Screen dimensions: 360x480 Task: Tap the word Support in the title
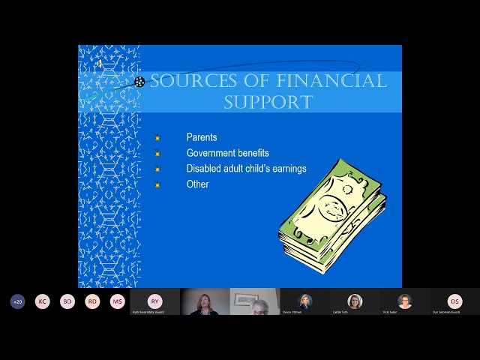coord(268,102)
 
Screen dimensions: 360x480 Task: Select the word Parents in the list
coord(202,137)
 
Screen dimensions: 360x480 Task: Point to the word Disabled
coord(205,169)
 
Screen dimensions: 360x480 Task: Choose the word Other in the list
coord(198,184)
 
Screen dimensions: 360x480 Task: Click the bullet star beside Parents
coord(157,138)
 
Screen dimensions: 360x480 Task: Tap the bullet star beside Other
coord(157,184)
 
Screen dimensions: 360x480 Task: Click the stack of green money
coord(333,217)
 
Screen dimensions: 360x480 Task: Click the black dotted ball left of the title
coord(139,82)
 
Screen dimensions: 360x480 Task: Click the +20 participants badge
coord(17,301)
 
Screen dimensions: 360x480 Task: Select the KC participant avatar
coord(43,301)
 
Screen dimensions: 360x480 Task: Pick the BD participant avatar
coord(67,301)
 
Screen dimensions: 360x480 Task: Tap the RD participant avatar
coord(92,301)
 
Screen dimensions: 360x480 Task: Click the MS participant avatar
coord(117,301)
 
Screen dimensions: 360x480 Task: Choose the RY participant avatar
coord(154,301)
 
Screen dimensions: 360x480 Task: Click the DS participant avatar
coord(454,301)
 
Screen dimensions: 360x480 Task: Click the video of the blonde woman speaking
coord(204,301)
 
